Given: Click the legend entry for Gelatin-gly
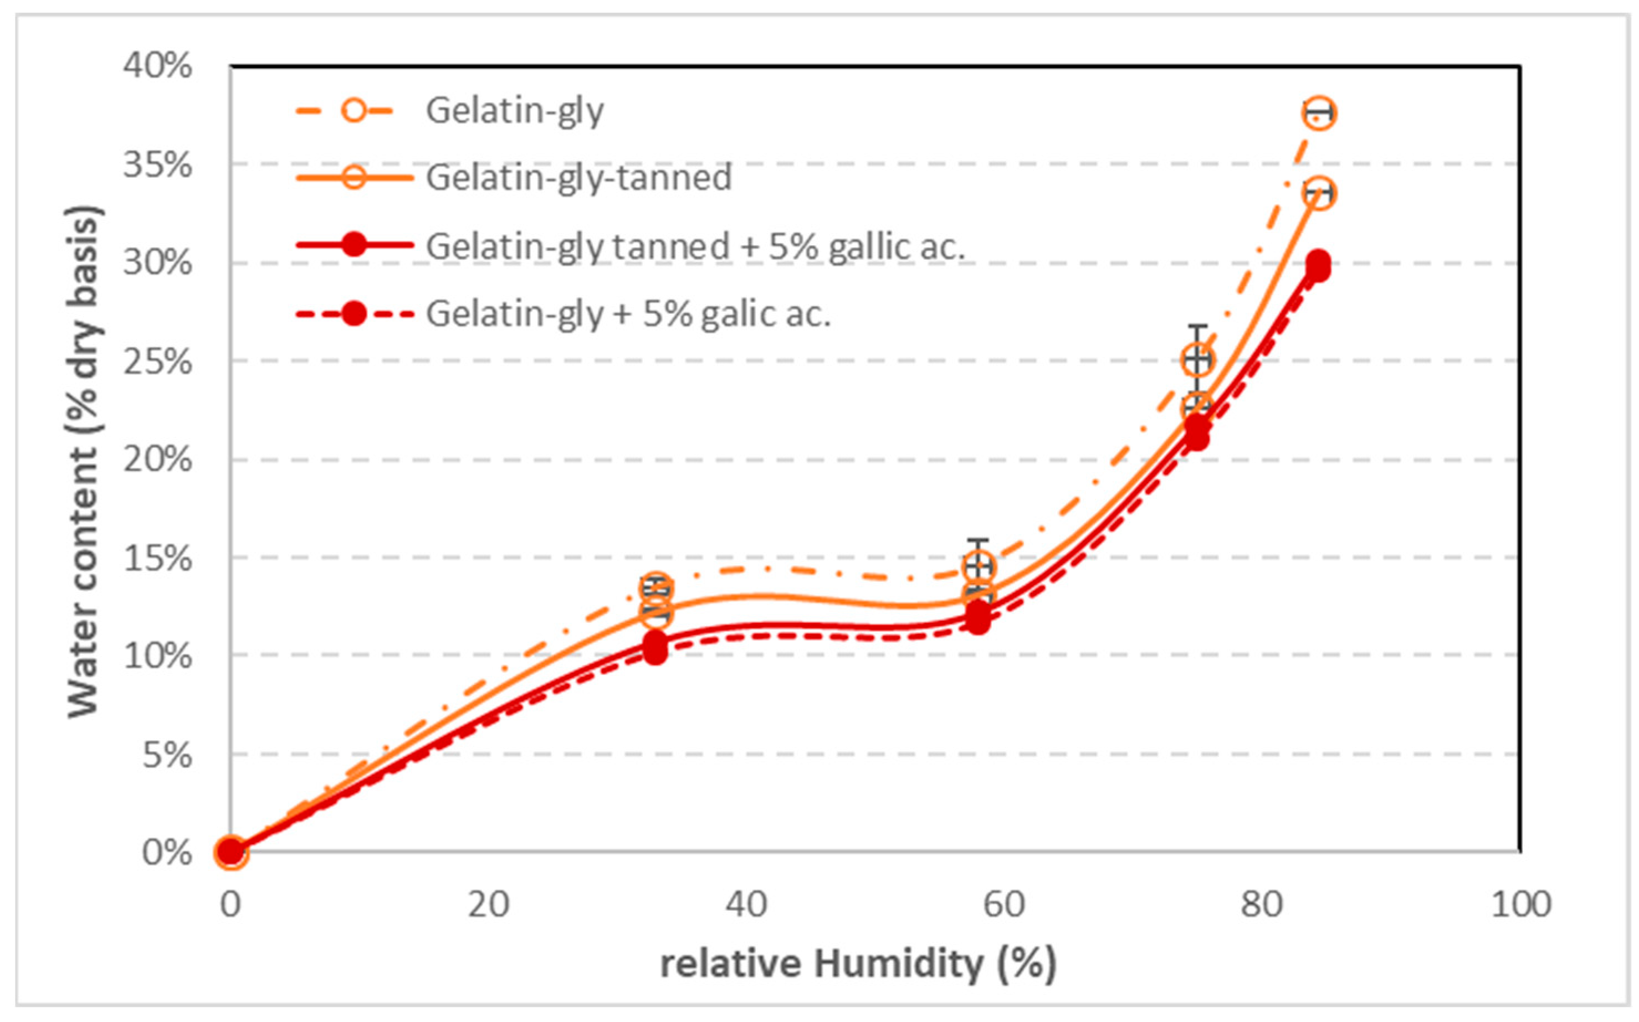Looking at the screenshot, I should [514, 111].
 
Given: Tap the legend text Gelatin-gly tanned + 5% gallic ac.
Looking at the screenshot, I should [695, 246].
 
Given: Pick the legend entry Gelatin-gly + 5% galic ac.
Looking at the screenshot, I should [628, 313].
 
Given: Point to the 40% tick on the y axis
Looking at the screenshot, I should [157, 66].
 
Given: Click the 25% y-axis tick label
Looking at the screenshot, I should [157, 362].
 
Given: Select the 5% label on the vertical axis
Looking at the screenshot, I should [166, 755].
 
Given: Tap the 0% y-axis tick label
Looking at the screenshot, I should [166, 853].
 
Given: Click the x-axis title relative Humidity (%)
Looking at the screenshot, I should [858, 964].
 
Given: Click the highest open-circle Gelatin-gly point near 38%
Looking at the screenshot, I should [1318, 113].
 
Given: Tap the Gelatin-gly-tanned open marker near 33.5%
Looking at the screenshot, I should [1318, 194].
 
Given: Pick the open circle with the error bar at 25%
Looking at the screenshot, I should [1197, 360].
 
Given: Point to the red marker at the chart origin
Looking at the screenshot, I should [231, 851].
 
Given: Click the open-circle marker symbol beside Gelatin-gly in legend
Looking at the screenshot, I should [353, 111].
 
